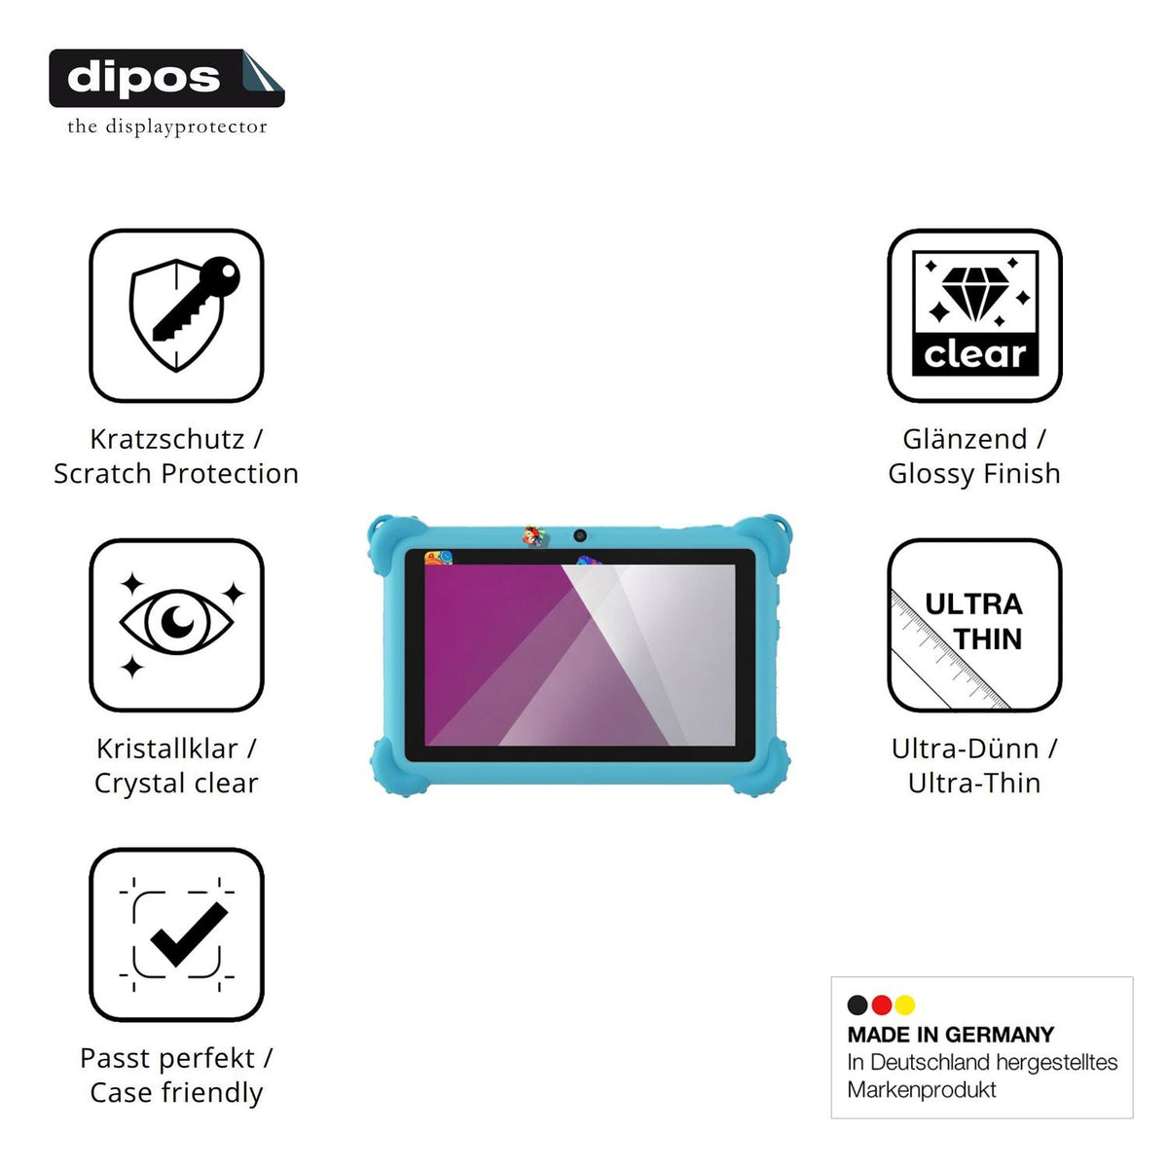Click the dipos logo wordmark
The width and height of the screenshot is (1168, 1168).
coord(143,79)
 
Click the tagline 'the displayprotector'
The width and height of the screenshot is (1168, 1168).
coord(166,127)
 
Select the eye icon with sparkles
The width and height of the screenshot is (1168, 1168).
coord(176,624)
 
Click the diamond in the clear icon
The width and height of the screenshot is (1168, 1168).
coord(975,294)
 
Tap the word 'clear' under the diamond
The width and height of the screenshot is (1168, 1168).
coord(974,354)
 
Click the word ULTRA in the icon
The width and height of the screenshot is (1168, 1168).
coord(973,604)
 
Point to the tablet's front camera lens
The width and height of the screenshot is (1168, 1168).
coord(580,535)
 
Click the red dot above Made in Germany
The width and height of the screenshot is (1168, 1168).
coord(881,1004)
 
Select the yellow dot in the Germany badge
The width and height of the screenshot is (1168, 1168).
coord(905,1004)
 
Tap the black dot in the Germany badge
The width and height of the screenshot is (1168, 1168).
coord(858,1004)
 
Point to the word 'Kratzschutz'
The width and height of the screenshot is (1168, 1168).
coord(166,439)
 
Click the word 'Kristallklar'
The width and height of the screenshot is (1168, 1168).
coord(166,748)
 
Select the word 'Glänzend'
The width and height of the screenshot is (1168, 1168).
coord(965,439)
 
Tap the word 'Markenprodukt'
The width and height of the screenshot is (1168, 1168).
coord(922,1090)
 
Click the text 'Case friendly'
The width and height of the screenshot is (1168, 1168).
coord(176,1093)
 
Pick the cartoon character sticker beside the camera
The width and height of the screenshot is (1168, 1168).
coord(534,535)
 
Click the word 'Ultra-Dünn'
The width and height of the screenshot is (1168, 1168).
coord(965,748)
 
